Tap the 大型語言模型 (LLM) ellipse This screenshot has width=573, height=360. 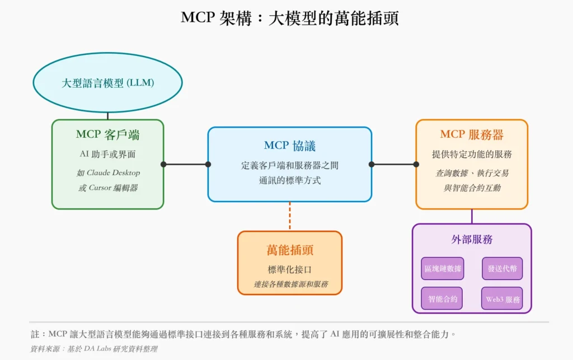click(108, 83)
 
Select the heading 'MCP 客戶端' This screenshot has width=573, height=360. click(107, 135)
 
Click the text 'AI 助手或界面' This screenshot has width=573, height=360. click(107, 154)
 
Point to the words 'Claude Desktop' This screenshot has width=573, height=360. click(114, 172)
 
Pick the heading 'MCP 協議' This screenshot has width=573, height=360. click(289, 146)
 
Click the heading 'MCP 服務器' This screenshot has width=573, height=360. click(471, 135)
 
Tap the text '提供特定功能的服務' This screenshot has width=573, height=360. click(471, 154)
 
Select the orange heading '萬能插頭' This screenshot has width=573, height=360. click(289, 250)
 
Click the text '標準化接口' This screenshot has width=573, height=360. click(289, 269)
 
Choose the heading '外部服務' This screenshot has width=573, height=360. click(471, 240)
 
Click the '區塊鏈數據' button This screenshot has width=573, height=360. click(442, 269)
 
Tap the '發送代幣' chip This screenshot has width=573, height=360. click(502, 269)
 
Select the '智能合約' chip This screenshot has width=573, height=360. click(442, 299)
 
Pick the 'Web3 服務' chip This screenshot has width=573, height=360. click(502, 299)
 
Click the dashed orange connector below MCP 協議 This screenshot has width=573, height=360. click(289, 216)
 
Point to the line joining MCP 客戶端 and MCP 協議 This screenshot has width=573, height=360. click(186, 164)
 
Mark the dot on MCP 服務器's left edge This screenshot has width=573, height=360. click(416, 164)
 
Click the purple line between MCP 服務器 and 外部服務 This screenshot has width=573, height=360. click(472, 217)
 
